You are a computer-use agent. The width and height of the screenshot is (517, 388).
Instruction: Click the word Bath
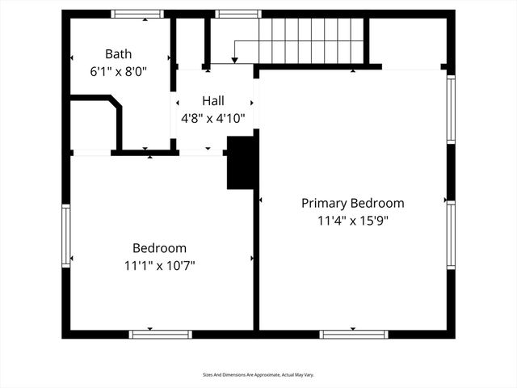coord(118,54)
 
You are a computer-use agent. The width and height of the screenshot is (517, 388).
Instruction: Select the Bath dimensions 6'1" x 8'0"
coord(118,70)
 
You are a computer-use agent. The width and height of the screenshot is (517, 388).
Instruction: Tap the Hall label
coord(213,100)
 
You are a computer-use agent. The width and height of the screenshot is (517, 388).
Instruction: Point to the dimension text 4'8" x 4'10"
coord(213,116)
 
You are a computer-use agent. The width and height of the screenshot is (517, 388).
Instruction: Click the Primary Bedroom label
coord(352,203)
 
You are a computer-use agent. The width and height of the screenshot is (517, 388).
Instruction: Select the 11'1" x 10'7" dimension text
coord(159,264)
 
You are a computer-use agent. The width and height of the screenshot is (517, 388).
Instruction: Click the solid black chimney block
coord(242,162)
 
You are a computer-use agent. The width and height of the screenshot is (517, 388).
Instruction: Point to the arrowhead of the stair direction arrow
coord(234,60)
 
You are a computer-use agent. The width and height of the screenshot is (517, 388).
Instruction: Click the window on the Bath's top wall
coord(137,14)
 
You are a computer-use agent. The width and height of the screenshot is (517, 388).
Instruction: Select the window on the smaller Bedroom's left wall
coord(66,235)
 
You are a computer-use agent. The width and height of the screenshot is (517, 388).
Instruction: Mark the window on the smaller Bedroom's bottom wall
coord(160,334)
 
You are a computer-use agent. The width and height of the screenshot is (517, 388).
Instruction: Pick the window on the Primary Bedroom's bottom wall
coord(353,334)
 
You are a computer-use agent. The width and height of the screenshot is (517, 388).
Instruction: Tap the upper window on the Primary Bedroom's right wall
coord(451,110)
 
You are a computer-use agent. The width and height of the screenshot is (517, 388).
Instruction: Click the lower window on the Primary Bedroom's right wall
coord(451,234)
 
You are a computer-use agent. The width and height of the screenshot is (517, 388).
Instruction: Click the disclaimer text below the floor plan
coord(258,375)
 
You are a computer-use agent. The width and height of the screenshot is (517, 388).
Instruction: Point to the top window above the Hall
coord(238,14)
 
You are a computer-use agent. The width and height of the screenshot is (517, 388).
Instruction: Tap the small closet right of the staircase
coord(407,40)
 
